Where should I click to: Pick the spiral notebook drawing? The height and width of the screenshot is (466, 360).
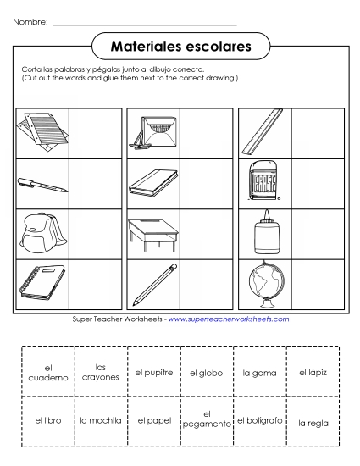(x=41, y=286)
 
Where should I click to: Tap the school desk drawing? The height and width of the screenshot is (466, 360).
(x=152, y=232)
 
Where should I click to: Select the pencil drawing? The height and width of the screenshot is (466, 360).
(x=152, y=286)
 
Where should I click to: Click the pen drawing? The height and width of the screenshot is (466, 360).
(x=41, y=183)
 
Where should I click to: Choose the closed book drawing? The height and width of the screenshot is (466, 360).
(x=152, y=182)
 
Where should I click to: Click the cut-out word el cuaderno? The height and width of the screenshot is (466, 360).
(x=47, y=373)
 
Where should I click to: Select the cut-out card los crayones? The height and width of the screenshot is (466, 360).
(x=100, y=373)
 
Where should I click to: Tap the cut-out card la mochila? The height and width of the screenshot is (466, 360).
(x=100, y=419)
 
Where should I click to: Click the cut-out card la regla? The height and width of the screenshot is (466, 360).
(x=313, y=420)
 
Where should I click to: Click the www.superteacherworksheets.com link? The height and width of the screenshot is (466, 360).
(x=229, y=319)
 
